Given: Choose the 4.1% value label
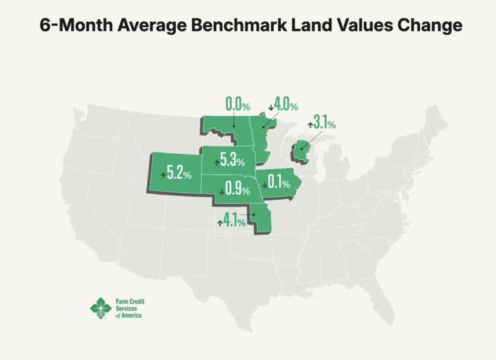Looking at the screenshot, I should click(234, 221).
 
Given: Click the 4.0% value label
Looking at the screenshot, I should click(285, 104).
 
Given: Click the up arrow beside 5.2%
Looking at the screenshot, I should click(163, 175).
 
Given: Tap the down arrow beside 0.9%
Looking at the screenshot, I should click(222, 191).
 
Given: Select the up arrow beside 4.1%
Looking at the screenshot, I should click(220, 223).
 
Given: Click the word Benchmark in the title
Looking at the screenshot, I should click(233, 26).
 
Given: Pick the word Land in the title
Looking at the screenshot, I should click(307, 26).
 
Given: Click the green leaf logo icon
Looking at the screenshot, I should click(100, 308).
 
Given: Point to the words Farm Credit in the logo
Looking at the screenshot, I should click(130, 301).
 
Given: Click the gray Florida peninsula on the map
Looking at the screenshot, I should click(387, 310).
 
